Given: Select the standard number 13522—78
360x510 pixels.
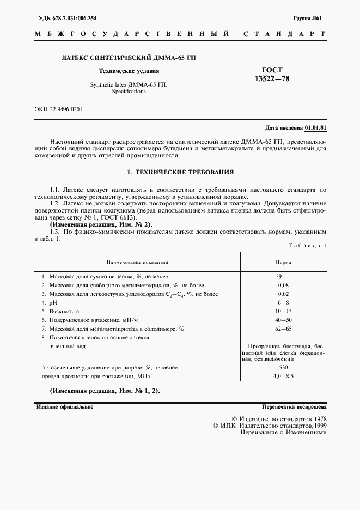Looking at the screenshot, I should [x=272, y=79].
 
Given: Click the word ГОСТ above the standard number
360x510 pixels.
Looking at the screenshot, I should [x=272, y=70].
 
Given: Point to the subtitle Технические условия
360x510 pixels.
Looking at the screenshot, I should [x=129, y=71].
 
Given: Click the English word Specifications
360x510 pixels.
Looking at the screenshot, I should [x=129, y=92].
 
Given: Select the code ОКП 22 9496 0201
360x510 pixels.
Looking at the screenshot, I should [x=58, y=109].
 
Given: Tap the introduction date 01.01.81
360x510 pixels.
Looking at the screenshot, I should [x=315, y=127].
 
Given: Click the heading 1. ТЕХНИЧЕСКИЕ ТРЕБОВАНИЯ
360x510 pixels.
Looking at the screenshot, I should [x=180, y=173].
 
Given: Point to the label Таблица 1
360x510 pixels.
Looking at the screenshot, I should [x=307, y=246].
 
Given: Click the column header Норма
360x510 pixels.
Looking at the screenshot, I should [x=283, y=262].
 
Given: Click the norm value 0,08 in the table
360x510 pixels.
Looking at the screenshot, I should [x=283, y=286].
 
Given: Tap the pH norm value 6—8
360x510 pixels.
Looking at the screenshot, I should [x=283, y=303].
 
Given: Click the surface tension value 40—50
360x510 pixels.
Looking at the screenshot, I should [x=283, y=320].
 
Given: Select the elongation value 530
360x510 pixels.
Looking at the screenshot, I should [x=283, y=368].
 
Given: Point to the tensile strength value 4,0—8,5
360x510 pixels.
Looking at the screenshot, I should [x=283, y=377].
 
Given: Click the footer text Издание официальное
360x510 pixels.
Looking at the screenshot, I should [x=64, y=407].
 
